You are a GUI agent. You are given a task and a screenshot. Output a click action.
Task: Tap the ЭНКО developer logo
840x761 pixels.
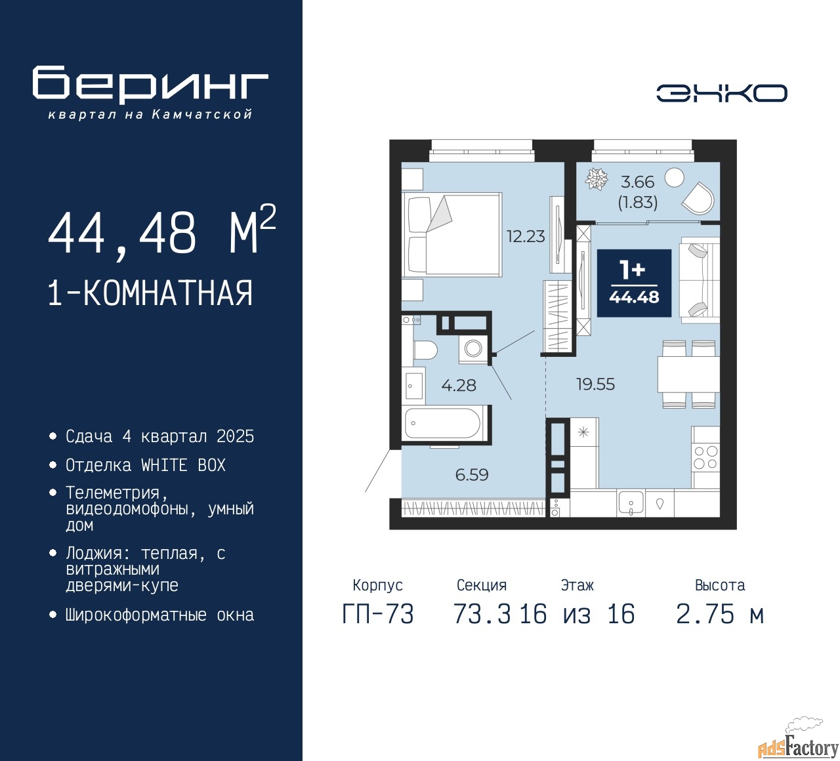(721, 93)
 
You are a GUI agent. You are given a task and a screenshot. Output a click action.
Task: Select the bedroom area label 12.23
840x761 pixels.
(526, 237)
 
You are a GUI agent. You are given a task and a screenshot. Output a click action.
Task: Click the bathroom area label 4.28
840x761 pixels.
(459, 385)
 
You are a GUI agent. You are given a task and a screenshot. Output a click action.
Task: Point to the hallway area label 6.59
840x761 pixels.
(472, 475)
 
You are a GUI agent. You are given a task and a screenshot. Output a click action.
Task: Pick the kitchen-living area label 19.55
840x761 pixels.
(595, 384)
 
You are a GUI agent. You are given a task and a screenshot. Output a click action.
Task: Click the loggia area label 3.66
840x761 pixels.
(637, 182)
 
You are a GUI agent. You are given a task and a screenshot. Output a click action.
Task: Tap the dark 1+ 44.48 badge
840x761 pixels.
(634, 283)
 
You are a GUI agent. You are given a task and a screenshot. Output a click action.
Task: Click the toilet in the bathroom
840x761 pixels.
(425, 350)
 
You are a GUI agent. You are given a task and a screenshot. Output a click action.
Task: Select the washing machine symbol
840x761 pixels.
(473, 348)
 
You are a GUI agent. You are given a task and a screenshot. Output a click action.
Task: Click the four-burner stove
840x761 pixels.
(705, 457)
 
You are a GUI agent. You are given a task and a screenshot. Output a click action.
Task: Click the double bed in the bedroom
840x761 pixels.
(451, 234)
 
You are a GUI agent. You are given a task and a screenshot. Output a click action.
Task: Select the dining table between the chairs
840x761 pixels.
(688, 374)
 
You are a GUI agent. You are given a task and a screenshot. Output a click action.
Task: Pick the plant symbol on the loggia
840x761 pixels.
(597, 178)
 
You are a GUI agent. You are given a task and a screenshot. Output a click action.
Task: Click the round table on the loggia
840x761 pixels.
(674, 178)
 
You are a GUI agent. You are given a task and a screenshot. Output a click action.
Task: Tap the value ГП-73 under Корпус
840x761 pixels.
(378, 615)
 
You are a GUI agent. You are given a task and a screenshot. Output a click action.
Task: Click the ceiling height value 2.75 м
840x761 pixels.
(721, 615)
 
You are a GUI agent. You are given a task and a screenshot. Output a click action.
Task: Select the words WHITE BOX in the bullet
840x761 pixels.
(183, 465)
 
